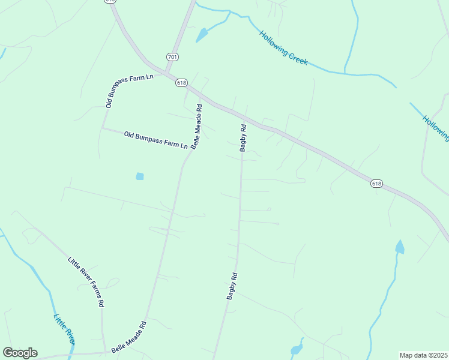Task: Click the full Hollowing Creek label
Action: [283, 48]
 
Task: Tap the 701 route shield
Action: [172, 57]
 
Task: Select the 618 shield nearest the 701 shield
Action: [181, 82]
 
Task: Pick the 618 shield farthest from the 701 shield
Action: [376, 184]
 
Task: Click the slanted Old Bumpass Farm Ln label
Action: [129, 91]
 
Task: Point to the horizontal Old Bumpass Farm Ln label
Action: [156, 140]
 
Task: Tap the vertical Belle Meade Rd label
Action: [196, 127]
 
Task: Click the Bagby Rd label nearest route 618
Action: [243, 137]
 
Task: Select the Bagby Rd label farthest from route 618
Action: [232, 286]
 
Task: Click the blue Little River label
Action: [64, 329]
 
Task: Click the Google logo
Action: [20, 353]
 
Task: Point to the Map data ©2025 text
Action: [423, 355]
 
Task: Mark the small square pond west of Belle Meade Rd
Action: [140, 176]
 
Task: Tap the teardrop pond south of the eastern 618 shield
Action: [400, 247]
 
